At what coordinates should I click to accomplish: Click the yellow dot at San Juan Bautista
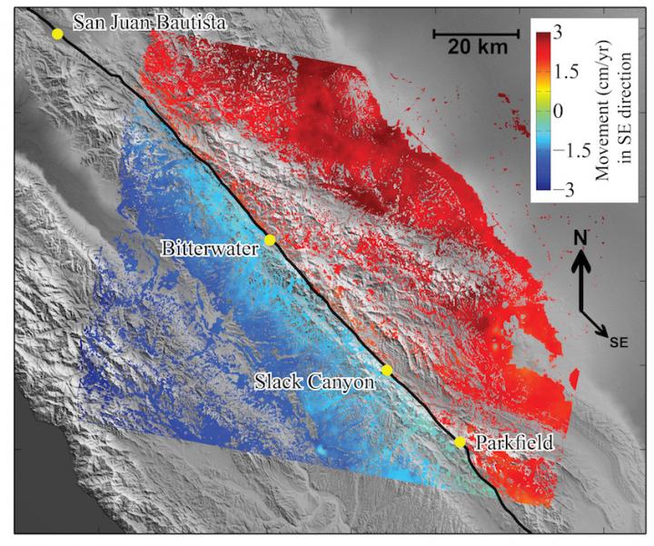coord(57,34)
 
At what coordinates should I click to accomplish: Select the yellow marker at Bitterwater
coord(270,240)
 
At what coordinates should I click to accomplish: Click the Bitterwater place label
coord(212,247)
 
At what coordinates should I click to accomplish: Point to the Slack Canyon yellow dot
coord(386,370)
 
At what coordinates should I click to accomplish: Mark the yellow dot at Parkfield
coord(460,442)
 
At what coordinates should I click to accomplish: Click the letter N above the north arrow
coord(582,238)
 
